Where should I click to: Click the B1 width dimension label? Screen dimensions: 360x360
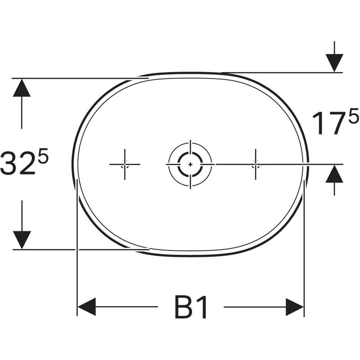tap(191, 307)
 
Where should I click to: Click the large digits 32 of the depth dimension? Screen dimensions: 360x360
tap(18, 162)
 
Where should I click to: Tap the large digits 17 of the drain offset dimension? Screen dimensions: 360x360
tap(330, 123)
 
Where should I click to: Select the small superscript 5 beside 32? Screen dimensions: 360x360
tap(43, 156)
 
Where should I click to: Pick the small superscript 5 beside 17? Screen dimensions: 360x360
tap(354, 117)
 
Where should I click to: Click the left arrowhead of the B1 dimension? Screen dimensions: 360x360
tap(87, 307)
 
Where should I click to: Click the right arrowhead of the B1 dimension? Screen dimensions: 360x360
tap(295, 307)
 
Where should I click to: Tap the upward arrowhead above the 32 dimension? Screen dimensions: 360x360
tap(22, 88)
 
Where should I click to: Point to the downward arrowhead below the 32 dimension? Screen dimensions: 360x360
tap(22, 240)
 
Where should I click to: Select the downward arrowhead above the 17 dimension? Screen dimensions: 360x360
tap(334, 63)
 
